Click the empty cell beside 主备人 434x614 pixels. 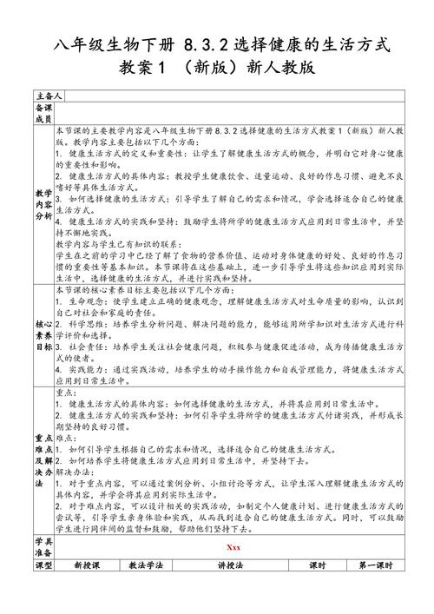coord(234,94)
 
